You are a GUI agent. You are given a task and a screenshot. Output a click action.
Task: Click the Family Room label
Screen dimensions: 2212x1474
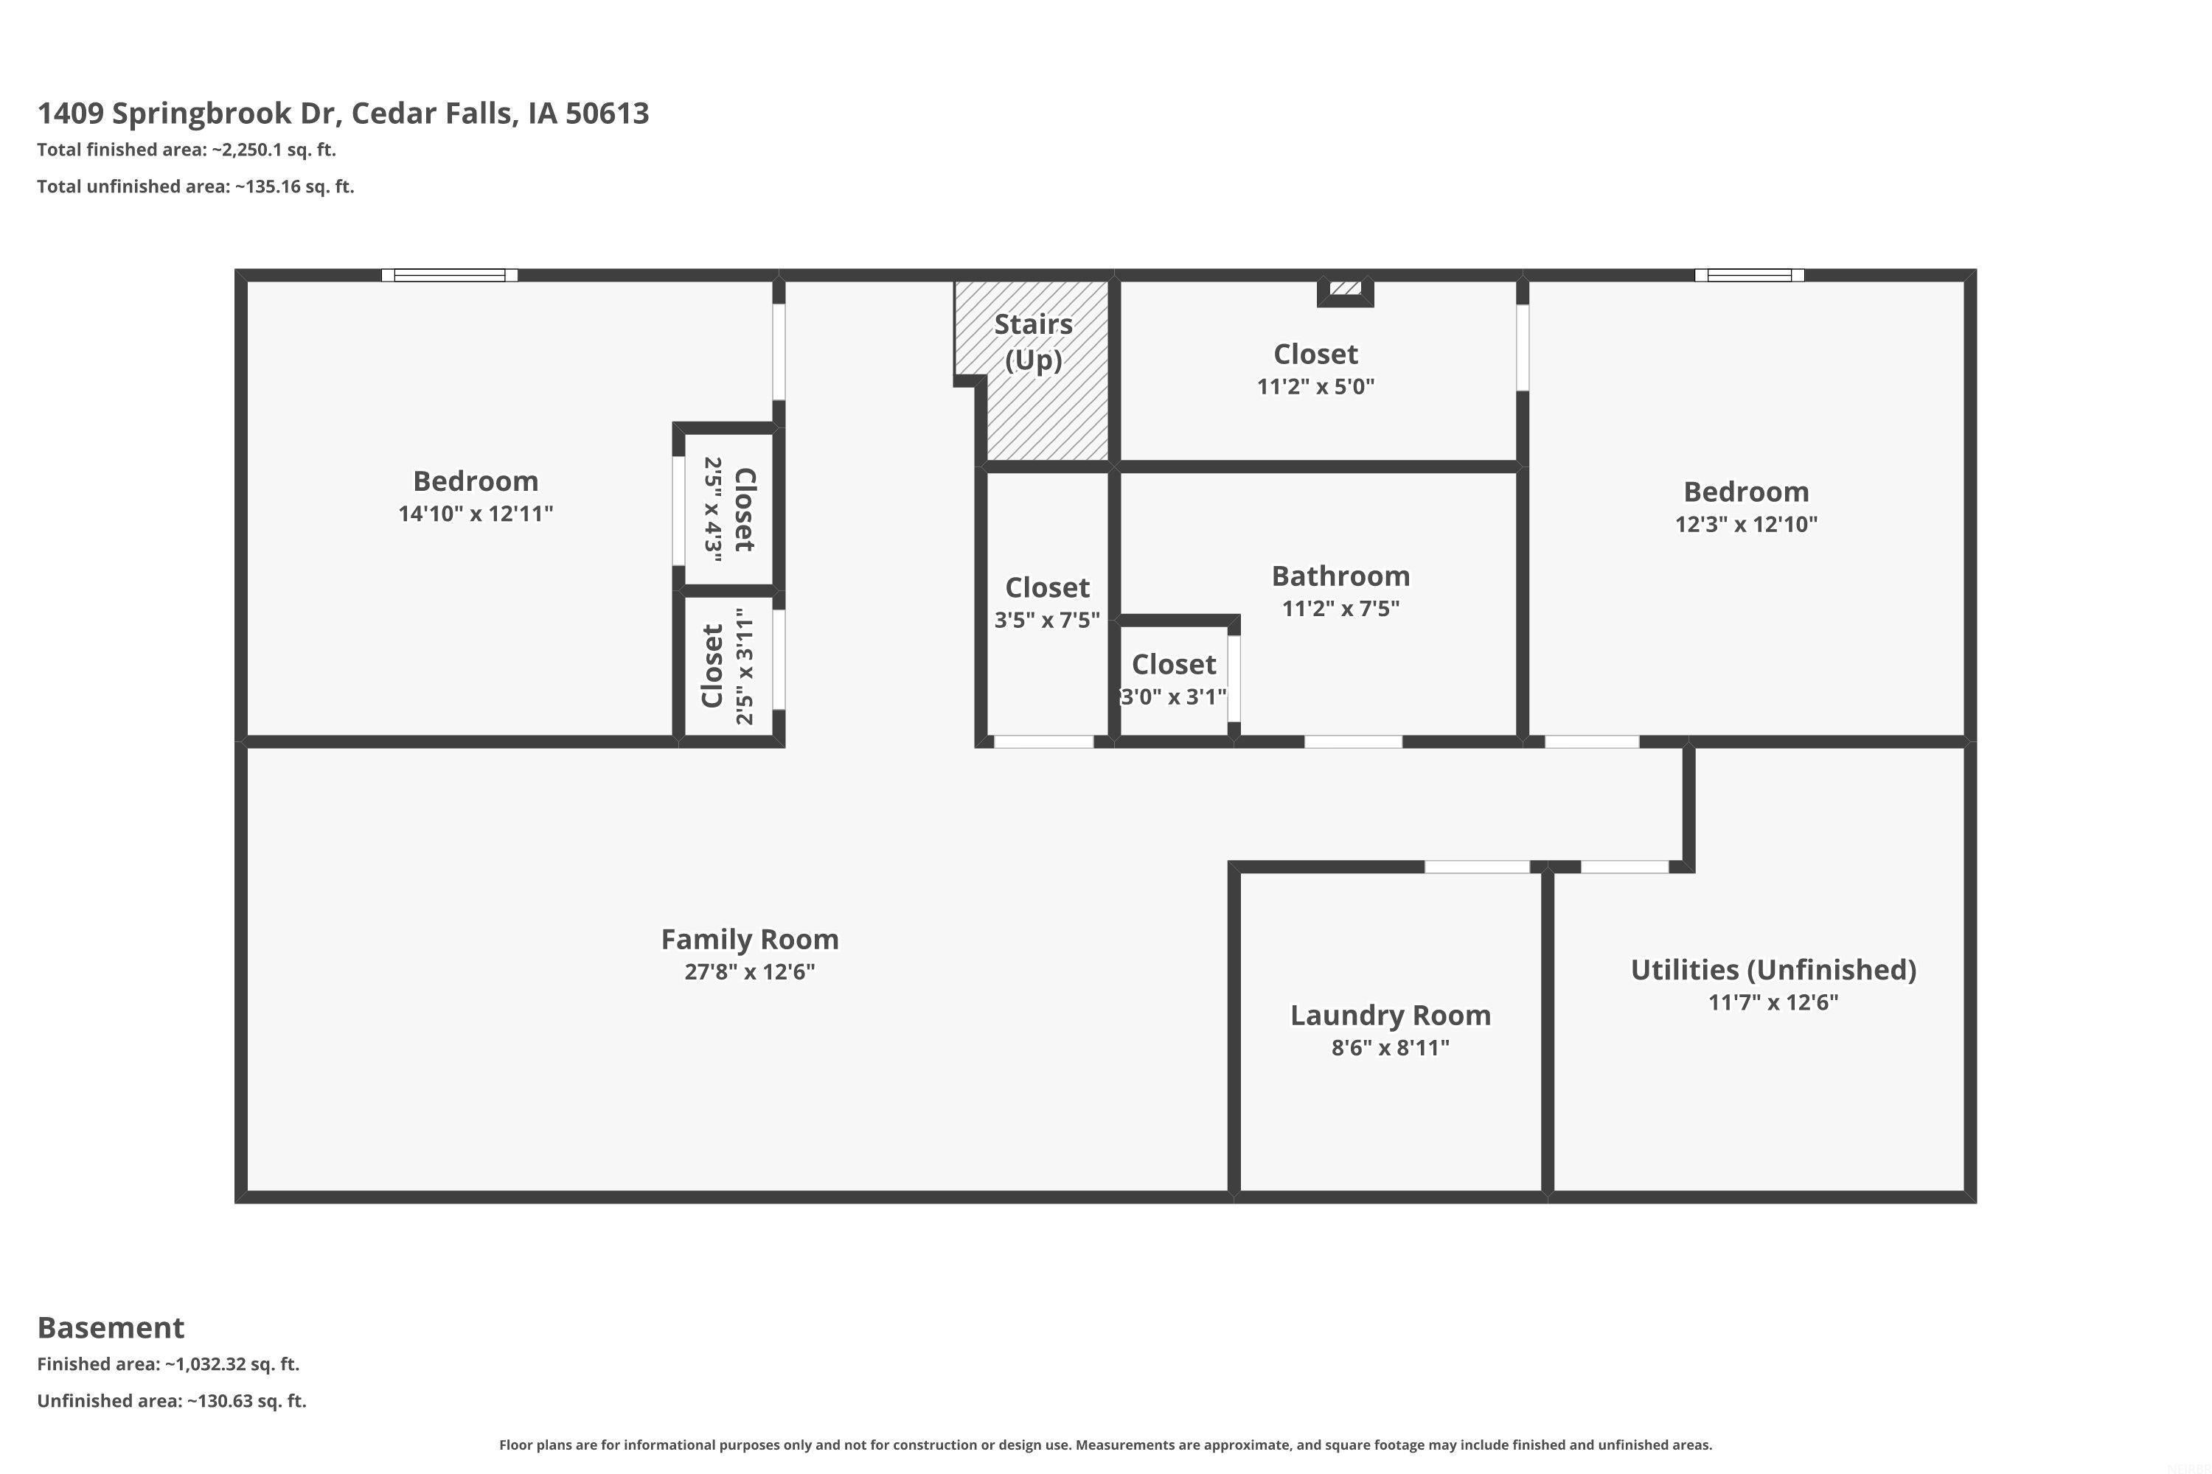(750, 939)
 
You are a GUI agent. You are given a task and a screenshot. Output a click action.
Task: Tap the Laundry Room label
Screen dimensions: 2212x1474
(1390, 1016)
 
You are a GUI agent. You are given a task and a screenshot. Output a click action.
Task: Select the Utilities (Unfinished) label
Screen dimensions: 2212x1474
(1773, 970)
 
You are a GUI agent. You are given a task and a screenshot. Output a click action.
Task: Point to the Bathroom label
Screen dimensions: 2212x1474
(1340, 576)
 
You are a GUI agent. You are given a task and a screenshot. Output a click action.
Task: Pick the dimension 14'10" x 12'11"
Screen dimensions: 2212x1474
(476, 513)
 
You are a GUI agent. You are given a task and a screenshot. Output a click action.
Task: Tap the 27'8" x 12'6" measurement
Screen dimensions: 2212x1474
(750, 971)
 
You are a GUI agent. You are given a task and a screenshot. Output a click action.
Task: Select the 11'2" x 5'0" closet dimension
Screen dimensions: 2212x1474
(1315, 386)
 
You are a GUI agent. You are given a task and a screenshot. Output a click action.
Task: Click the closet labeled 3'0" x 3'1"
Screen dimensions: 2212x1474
(1174, 679)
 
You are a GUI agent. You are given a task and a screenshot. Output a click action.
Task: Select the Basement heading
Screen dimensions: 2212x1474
(111, 1327)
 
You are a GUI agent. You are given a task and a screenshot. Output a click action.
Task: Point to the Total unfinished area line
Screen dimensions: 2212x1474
(195, 186)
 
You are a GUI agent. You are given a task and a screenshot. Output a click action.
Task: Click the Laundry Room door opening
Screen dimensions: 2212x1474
(1478, 867)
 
